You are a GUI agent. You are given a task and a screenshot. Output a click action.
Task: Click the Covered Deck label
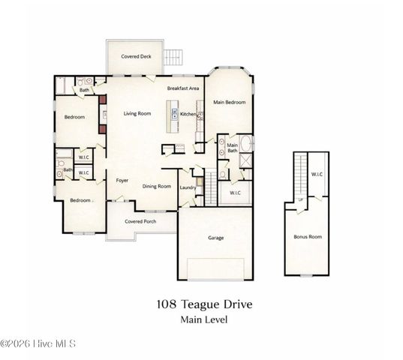[x=139, y=56]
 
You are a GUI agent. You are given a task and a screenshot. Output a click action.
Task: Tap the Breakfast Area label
[x=182, y=88]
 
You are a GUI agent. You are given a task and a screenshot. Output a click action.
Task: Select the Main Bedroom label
[x=229, y=102]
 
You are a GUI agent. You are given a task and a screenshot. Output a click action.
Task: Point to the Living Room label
[x=137, y=113]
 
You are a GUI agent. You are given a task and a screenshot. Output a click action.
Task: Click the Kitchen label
[x=188, y=114]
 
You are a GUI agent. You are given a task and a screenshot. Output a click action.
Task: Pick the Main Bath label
[x=233, y=148]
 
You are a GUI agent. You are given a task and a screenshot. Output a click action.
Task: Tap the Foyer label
[x=122, y=180]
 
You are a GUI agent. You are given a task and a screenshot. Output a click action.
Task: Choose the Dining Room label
[x=157, y=186]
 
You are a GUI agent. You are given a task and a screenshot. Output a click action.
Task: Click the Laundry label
[x=188, y=187]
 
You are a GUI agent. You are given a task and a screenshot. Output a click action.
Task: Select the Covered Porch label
[x=140, y=221]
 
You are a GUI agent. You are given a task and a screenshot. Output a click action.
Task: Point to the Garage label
[x=216, y=238]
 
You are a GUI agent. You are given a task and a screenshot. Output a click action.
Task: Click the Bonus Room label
[x=307, y=236]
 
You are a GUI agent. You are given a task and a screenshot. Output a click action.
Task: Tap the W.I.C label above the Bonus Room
[x=317, y=175]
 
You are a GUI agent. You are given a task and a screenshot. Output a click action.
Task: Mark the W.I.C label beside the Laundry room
[x=234, y=193]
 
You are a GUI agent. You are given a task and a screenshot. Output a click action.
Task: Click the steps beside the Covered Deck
[x=175, y=56]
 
